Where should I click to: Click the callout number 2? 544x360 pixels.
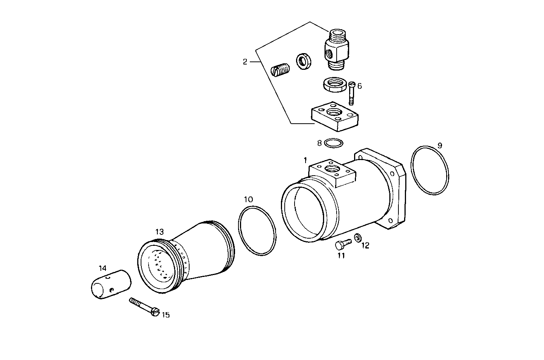point(245,61)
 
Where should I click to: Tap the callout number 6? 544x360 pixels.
point(359,86)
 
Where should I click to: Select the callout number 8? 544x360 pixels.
point(320,143)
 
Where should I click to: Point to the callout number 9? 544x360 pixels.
point(439,145)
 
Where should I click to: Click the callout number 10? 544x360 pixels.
point(248,199)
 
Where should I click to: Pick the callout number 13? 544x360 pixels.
point(159,231)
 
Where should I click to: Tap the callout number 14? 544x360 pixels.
point(103,269)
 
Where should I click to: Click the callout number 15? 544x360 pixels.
point(166,314)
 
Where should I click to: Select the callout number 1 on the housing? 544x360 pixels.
point(305,160)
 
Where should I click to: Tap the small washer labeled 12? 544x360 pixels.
point(357,238)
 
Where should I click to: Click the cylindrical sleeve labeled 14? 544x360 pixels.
point(110,284)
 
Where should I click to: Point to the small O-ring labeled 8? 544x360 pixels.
point(334,143)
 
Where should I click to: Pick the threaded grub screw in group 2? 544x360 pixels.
point(280,71)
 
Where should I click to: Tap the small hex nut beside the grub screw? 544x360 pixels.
point(303,61)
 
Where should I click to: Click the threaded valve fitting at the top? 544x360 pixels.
point(335,49)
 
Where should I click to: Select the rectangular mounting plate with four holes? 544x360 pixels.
point(334,116)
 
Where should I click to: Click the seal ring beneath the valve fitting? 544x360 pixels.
point(334,84)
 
